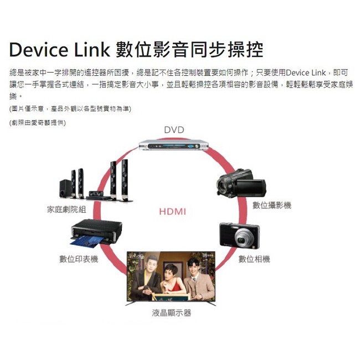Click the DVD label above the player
pyautogui.click(x=174, y=130)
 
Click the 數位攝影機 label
pyautogui.click(x=272, y=205)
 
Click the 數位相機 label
pyautogui.click(x=254, y=259)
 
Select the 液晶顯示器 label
pyautogui.click(x=172, y=313)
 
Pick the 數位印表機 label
pyautogui.click(x=79, y=259)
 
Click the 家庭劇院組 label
pyautogui.click(x=66, y=209)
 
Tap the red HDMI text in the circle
pyautogui.click(x=173, y=212)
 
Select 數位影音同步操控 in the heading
pyautogui.click(x=190, y=49)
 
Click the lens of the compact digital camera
pyautogui.click(x=244, y=239)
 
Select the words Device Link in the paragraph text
pyautogui.click(x=306, y=73)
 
